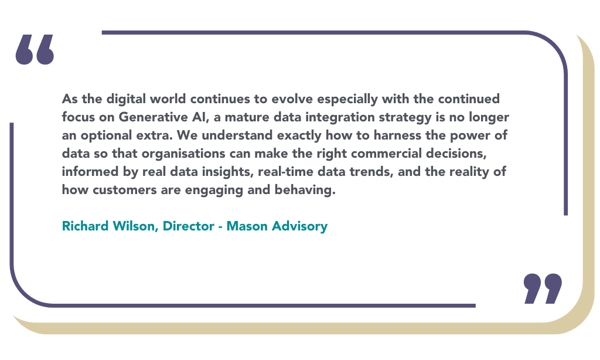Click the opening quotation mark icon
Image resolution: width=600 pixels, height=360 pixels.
pos(35,49)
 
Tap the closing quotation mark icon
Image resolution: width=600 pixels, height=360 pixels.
pos(543,288)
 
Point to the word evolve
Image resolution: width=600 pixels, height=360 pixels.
pos(292,99)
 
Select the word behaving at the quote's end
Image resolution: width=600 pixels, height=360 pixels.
pos(305,190)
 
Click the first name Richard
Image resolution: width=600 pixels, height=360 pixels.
pos(86,226)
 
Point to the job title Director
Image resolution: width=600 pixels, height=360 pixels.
pos(188,226)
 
